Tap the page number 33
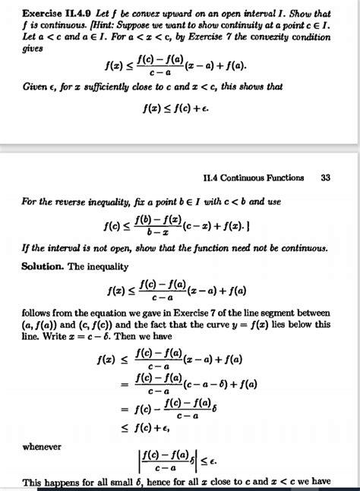click(326, 178)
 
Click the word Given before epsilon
click(35, 87)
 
